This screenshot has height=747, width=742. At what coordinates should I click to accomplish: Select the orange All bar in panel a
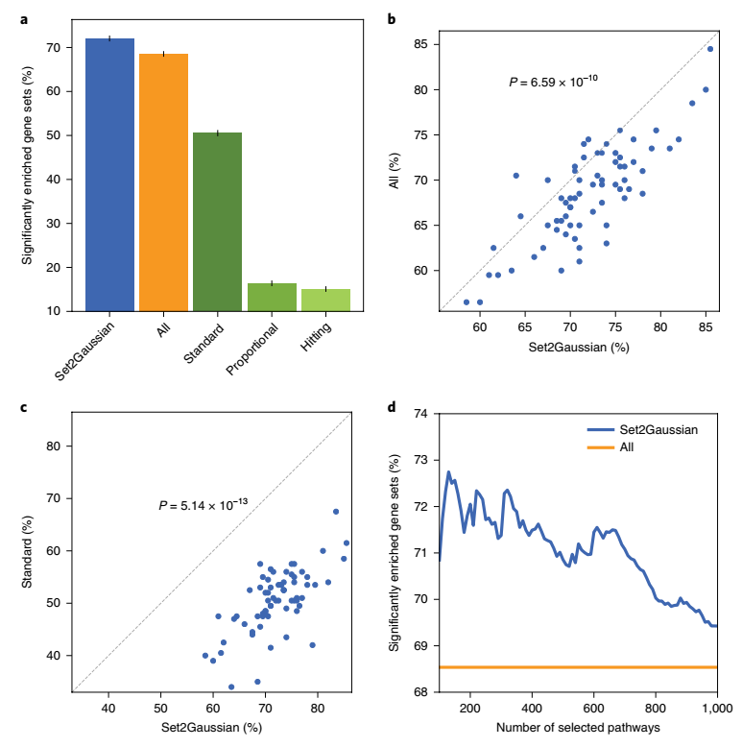[163, 182]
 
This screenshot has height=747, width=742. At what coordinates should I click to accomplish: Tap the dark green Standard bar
[217, 222]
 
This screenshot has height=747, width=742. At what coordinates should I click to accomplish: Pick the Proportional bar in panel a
[272, 298]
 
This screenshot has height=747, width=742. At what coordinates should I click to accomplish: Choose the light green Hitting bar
[325, 301]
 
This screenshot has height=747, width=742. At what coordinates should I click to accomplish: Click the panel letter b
[391, 16]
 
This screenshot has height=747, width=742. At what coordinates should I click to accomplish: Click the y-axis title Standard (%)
[29, 553]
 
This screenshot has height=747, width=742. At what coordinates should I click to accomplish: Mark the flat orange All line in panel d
[576, 667]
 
